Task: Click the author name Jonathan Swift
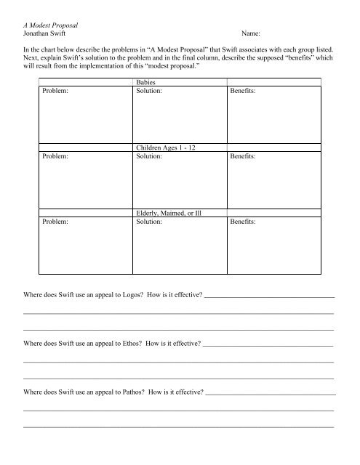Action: (x=48, y=34)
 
